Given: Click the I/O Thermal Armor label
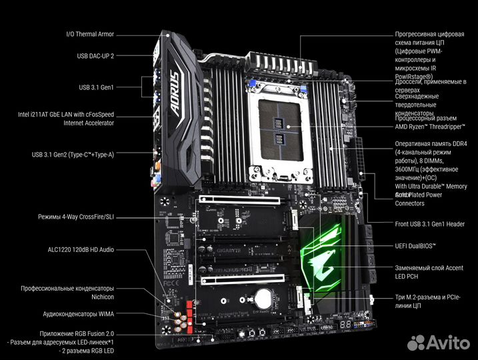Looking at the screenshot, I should (x=90, y=34).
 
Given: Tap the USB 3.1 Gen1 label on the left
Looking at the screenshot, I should (x=96, y=87).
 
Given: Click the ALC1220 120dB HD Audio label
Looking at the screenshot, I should (x=81, y=249).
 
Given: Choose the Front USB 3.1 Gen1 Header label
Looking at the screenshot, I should (x=429, y=224).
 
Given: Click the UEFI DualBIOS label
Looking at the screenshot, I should (x=415, y=246).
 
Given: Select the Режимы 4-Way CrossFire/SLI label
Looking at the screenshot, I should (x=76, y=217).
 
